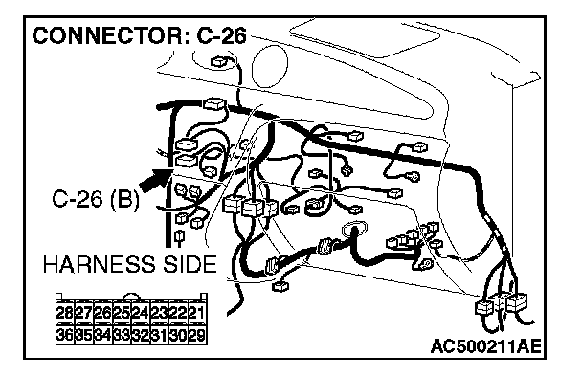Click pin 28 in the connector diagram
(x=65, y=313)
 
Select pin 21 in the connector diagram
(x=197, y=313)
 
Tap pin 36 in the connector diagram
(x=65, y=335)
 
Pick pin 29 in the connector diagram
(x=197, y=335)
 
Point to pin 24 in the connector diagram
(x=141, y=313)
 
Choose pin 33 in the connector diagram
(x=123, y=335)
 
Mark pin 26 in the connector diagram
(x=103, y=313)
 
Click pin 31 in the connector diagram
(x=160, y=335)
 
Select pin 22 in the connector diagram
(x=179, y=313)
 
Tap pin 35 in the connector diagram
(x=84, y=335)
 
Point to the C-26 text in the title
(x=221, y=36)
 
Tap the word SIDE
(x=190, y=264)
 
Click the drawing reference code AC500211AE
(x=486, y=347)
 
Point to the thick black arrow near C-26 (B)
(x=155, y=179)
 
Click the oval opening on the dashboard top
(x=270, y=66)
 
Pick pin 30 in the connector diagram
(x=179, y=335)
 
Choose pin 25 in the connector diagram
(x=123, y=313)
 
